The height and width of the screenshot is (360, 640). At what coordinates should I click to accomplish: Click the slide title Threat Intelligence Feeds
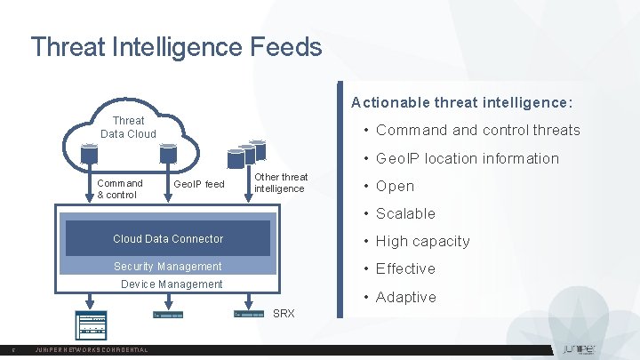(x=176, y=46)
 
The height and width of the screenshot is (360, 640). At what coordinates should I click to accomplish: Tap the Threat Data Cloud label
(x=128, y=127)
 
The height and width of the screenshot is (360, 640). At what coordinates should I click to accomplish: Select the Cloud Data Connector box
(x=168, y=238)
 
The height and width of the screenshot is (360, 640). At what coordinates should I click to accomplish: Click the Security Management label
(x=168, y=267)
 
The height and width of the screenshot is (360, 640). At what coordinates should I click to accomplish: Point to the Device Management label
(x=172, y=284)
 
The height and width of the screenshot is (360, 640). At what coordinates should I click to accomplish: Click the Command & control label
(x=119, y=188)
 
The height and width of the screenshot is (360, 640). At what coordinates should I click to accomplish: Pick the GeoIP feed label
(x=199, y=184)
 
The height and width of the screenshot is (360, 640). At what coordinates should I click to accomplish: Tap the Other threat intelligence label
(x=281, y=183)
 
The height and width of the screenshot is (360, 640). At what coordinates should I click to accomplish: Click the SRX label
(x=284, y=314)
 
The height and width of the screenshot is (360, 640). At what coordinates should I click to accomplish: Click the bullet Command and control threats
(x=477, y=131)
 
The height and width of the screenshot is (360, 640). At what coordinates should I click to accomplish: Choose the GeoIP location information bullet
(x=467, y=158)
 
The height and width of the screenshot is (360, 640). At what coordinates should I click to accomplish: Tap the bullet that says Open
(x=395, y=186)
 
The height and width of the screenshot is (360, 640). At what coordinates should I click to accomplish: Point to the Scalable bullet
(x=405, y=213)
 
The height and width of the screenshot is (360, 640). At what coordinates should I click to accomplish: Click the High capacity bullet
(x=422, y=241)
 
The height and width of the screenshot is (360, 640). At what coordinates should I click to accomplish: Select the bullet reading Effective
(x=405, y=268)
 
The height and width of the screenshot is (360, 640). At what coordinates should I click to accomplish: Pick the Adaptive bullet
(x=405, y=297)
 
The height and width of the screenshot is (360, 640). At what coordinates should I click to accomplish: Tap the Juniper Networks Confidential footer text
(x=91, y=350)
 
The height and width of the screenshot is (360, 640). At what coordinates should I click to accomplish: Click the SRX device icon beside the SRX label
(x=249, y=314)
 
